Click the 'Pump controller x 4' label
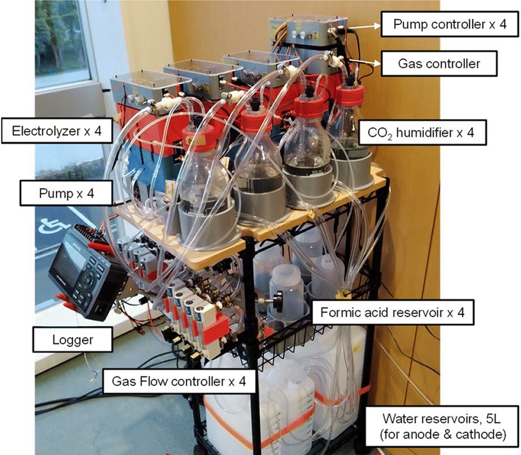(x=450, y=24)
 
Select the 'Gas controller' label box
(x=439, y=63)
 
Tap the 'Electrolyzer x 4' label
(x=56, y=131)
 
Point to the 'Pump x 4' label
(x=66, y=193)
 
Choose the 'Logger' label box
(x=72, y=339)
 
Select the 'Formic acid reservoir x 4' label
(x=392, y=313)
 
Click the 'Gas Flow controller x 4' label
(x=179, y=381)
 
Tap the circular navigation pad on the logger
(x=88, y=282)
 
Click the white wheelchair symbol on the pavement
(x=48, y=227)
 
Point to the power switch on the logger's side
(x=99, y=309)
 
